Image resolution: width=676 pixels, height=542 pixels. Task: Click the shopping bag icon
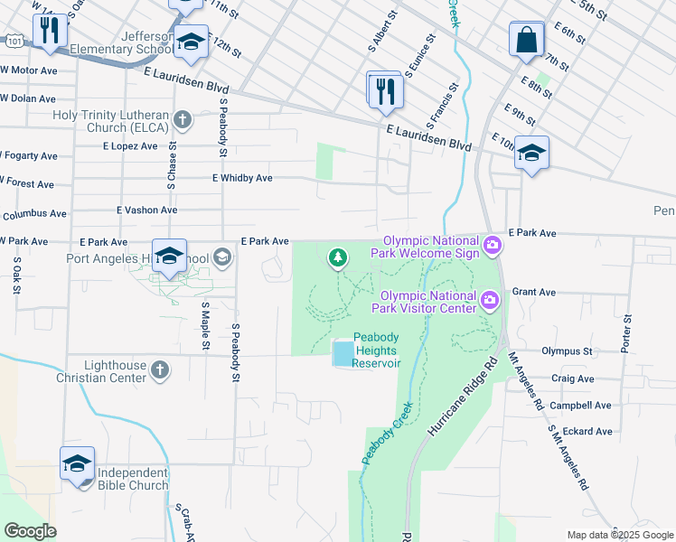pyautogui.click(x=526, y=41)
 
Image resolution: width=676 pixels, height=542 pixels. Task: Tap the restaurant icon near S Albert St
pyautogui.click(x=384, y=90)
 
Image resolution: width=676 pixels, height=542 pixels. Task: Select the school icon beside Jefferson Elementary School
pyautogui.click(x=191, y=42)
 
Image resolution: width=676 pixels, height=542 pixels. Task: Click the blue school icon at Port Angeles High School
pyautogui.click(x=169, y=257)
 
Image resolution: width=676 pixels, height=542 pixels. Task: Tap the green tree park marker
pyautogui.click(x=338, y=259)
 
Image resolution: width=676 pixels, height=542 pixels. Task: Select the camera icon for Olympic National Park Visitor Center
pyautogui.click(x=489, y=300)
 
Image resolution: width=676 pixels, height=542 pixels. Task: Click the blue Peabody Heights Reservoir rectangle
pyautogui.click(x=343, y=353)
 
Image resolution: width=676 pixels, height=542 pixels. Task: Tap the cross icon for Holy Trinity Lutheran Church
pyautogui.click(x=182, y=119)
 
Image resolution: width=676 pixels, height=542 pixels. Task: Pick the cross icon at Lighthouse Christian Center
pyautogui.click(x=159, y=369)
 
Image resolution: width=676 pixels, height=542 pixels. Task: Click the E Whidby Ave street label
pyautogui.click(x=242, y=178)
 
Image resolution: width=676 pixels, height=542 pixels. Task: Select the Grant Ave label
pyautogui.click(x=531, y=293)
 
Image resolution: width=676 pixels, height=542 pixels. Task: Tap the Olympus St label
pyautogui.click(x=566, y=350)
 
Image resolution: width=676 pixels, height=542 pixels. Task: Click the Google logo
pyautogui.click(x=29, y=531)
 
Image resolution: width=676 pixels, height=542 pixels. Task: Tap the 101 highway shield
pyautogui.click(x=13, y=42)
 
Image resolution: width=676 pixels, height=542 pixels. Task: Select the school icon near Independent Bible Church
pyautogui.click(x=77, y=465)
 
